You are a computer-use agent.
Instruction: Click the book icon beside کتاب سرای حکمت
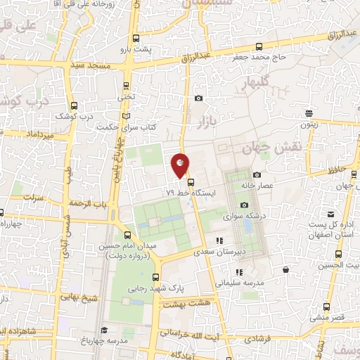[126, 115]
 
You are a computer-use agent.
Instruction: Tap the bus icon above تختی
[126, 86]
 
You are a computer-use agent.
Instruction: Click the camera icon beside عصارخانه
[256, 174]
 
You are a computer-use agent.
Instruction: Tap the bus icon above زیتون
[309, 113]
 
